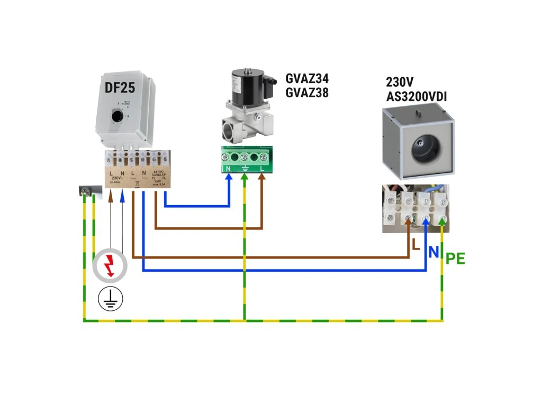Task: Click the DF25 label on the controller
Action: click(120, 88)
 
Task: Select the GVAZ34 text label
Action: click(307, 79)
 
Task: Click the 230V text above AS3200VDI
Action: click(400, 82)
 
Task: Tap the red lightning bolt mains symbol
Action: click(110, 264)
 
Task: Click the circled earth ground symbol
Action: click(110, 299)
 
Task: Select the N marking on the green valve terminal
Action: click(229, 169)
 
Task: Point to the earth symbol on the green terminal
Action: click(245, 169)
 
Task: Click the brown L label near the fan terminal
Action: click(416, 245)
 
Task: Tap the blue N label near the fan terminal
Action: click(433, 252)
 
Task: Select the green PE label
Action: click(455, 259)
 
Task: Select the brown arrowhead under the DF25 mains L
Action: click(111, 197)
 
